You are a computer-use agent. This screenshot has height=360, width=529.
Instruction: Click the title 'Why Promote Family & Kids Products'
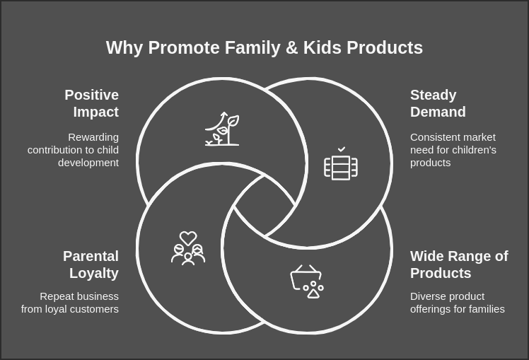264,48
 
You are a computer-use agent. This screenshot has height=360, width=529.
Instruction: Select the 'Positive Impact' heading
91,103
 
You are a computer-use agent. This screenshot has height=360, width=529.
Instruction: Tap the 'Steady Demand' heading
438,103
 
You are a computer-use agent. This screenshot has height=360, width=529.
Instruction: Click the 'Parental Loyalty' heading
91,265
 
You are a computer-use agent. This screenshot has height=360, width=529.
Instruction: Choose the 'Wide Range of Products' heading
459,265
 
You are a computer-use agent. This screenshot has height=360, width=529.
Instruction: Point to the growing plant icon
222,129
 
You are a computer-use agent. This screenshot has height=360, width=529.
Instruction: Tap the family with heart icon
188,248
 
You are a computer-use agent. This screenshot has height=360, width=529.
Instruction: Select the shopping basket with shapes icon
307,281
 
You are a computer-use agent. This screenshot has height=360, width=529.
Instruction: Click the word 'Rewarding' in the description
93,137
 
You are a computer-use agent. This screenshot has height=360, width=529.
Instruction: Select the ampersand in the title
289,48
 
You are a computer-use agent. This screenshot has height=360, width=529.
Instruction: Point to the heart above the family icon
188,238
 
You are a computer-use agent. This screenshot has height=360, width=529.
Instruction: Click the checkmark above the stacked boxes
342,149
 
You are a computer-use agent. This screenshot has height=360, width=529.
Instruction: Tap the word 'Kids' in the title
322,48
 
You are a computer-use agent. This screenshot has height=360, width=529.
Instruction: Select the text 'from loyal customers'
70,309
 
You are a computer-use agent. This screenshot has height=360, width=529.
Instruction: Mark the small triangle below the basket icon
313,294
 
